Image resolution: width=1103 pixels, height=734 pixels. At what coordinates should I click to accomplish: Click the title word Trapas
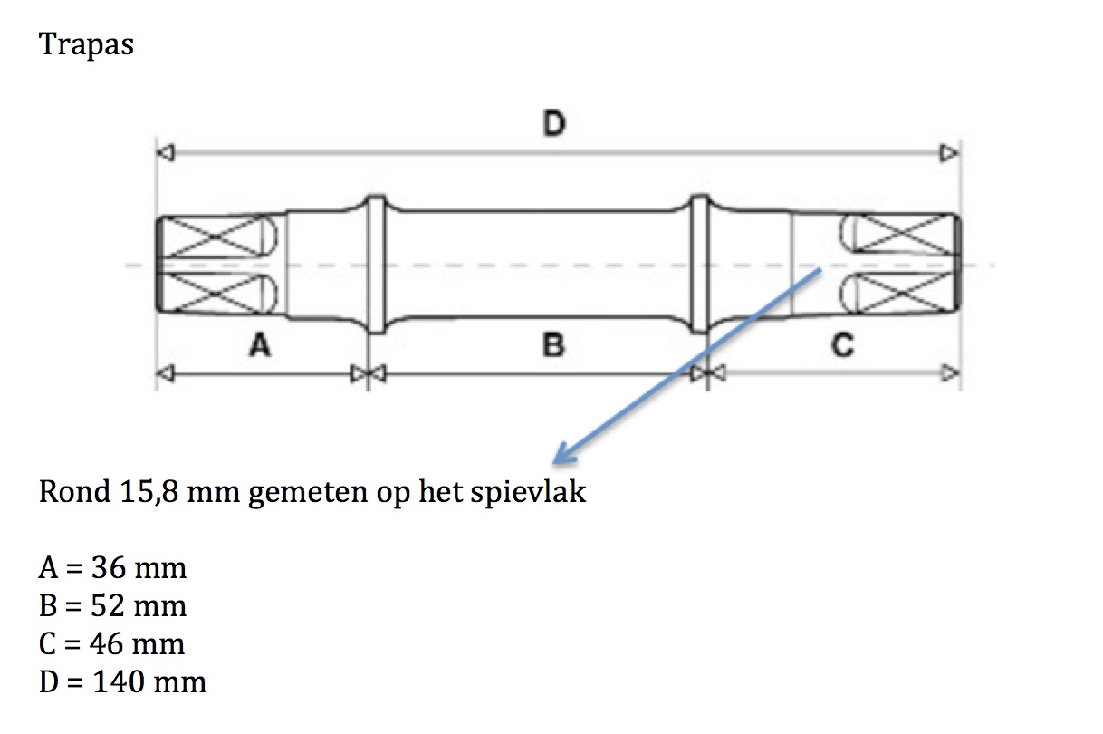point(86,43)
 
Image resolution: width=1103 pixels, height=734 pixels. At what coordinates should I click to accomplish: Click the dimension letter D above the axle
point(553,123)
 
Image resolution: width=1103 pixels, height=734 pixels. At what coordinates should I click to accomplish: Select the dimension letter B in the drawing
point(553,345)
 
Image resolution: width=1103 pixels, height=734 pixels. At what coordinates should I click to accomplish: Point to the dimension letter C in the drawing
point(841,345)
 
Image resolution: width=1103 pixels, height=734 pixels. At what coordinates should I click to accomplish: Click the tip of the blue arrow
point(557,459)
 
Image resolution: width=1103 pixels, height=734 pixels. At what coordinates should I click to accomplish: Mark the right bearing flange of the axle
point(700,266)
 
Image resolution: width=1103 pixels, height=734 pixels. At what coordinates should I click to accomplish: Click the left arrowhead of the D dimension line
point(166,153)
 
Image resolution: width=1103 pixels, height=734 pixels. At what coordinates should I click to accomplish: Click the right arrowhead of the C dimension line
point(949,372)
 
